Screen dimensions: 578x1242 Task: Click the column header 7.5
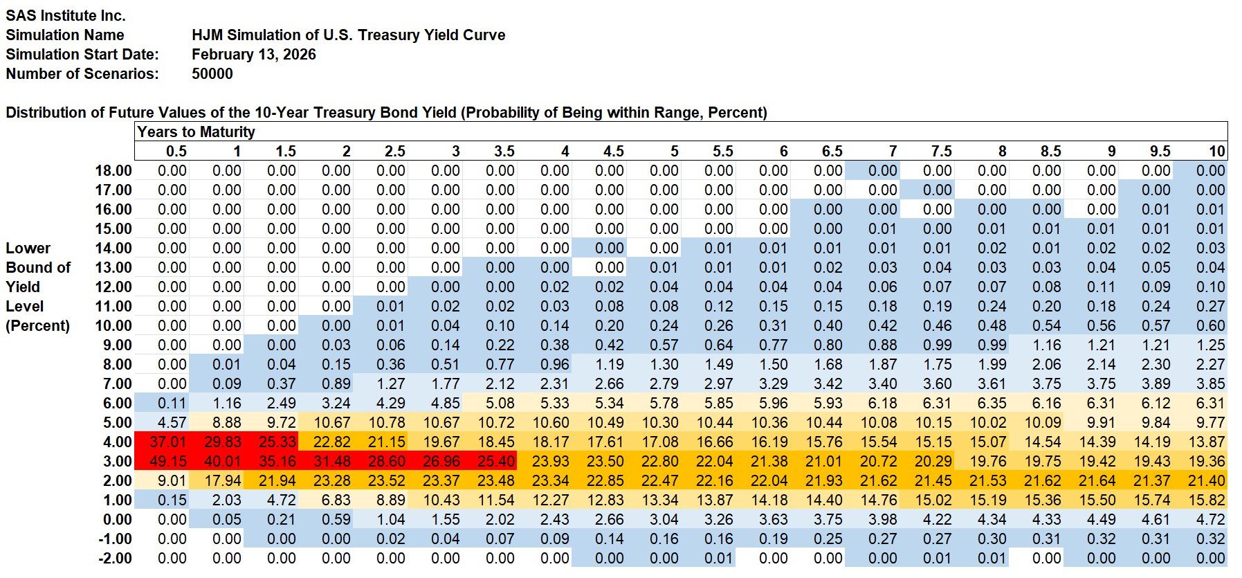coord(941,151)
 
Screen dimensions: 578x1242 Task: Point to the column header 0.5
coord(176,151)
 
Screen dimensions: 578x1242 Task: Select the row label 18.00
coord(113,170)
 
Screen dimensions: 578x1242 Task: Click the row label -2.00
coord(116,558)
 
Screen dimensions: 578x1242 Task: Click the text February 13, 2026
coord(253,54)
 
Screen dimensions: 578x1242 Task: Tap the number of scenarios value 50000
coord(212,73)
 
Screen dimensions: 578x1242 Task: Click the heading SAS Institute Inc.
coord(66,15)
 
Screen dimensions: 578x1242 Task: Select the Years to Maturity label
coord(196,132)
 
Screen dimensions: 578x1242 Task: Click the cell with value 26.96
coord(441,461)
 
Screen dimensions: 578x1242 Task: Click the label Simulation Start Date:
coord(82,54)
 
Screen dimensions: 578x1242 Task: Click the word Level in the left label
coord(24,306)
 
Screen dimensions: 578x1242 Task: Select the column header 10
coord(1216,151)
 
